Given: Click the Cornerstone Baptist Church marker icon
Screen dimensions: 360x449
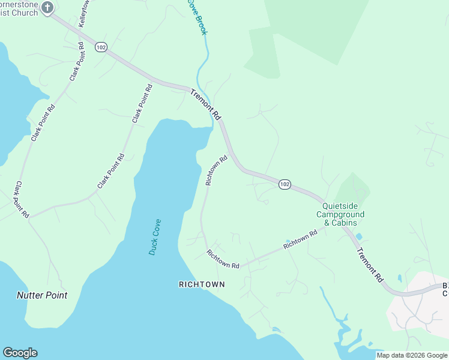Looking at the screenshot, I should [48, 8].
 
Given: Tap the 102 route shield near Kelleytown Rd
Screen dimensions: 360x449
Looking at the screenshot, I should [101, 47].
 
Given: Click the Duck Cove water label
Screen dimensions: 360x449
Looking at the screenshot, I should [155, 237].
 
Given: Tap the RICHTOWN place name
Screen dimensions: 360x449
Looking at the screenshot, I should [202, 284].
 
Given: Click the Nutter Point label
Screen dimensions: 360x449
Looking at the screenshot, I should [41, 295].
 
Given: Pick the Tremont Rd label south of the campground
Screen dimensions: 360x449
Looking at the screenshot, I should [370, 265].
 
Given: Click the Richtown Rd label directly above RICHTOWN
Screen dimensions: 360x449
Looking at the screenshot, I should [223, 259].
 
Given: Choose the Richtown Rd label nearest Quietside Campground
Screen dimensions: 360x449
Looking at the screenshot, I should [300, 240].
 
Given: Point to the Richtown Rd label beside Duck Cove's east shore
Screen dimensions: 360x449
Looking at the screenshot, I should [216, 171].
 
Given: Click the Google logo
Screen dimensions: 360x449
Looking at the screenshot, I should [20, 353].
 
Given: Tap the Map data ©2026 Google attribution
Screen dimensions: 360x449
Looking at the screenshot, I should [412, 355].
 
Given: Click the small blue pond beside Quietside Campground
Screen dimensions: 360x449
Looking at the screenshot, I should [359, 236].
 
